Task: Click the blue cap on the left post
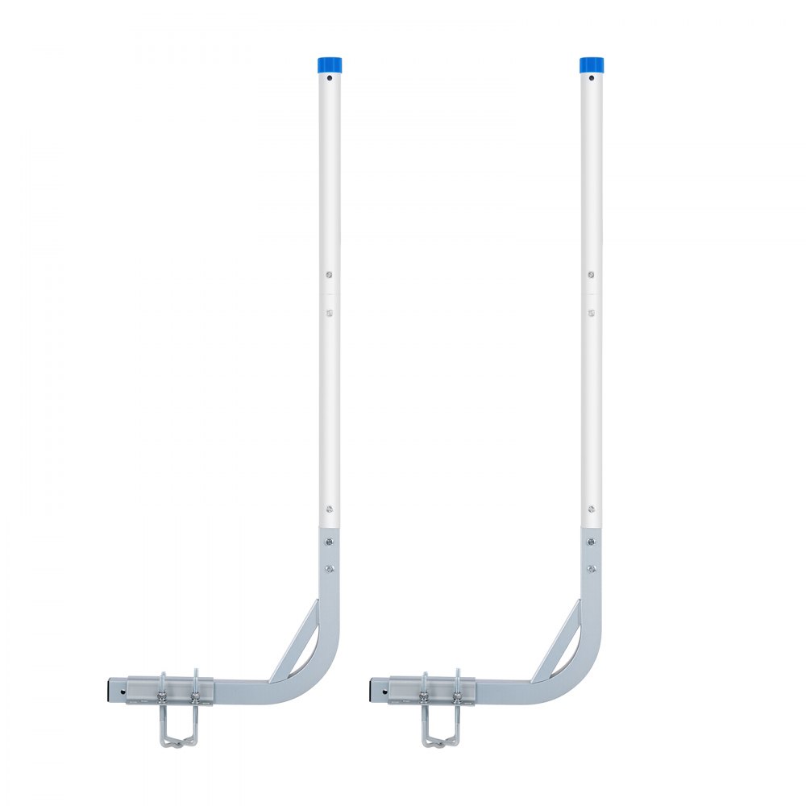pos(329,64)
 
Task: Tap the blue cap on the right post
pos(591,64)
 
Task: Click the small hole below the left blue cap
pos(329,79)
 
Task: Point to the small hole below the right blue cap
pos(591,79)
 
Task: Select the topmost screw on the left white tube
pos(329,275)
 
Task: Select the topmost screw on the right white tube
pos(591,275)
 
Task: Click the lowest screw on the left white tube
pos(329,509)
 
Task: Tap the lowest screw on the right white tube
pos(591,509)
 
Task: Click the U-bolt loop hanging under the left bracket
pos(177,730)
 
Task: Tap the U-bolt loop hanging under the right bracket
pos(439,730)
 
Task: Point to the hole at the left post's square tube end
pos(122,691)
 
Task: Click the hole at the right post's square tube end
pos(384,691)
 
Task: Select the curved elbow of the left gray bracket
pos(318,677)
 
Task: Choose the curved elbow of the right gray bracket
pos(580,677)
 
